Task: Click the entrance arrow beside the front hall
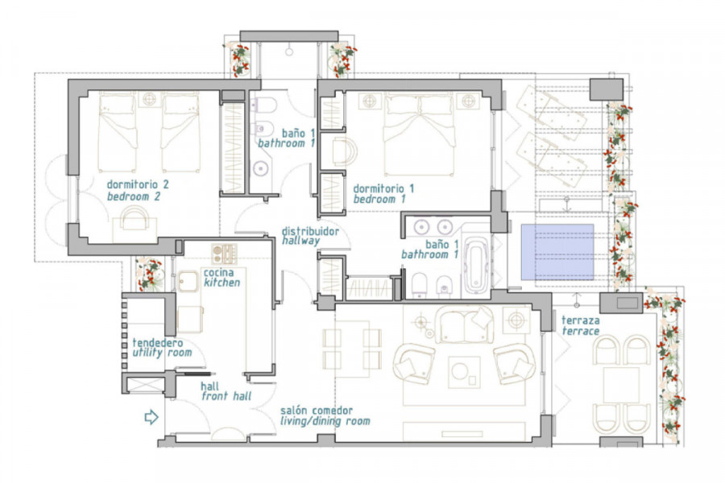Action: (151, 417)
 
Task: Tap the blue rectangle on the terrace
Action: (557, 252)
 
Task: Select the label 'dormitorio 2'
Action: (138, 184)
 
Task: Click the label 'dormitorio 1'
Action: (383, 188)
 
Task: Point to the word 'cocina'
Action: (218, 272)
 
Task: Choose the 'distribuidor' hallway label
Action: (310, 231)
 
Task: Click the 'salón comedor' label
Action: (317, 410)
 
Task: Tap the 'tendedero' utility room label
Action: (158, 343)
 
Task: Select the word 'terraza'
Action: (581, 320)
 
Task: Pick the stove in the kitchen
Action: (224, 254)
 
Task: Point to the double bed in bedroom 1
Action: (419, 134)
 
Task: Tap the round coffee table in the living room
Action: (460, 371)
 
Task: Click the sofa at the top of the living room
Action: (464, 324)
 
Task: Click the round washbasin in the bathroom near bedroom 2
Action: (261, 169)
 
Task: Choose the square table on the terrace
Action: (621, 385)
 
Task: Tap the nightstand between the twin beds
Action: (149, 99)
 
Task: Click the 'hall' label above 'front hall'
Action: (210, 386)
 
